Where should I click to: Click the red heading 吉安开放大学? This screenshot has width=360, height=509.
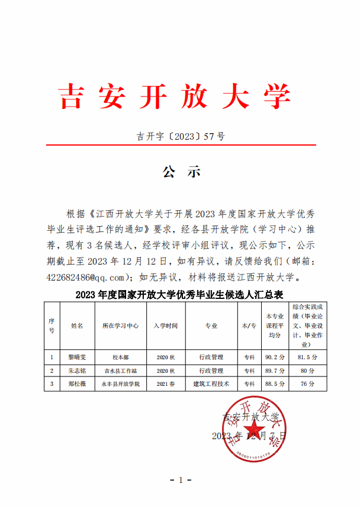(x=175, y=97)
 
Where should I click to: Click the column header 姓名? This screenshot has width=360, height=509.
(x=78, y=326)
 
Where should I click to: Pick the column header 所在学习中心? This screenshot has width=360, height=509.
(x=120, y=326)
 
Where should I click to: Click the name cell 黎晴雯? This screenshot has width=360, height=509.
(x=78, y=357)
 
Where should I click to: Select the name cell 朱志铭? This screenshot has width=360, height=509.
(x=78, y=371)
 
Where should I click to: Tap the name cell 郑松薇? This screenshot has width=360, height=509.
(x=78, y=384)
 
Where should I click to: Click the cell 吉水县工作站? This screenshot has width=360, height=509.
(x=120, y=371)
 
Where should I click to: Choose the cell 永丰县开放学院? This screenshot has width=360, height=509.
(x=120, y=384)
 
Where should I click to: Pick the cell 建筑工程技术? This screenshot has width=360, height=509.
(x=211, y=384)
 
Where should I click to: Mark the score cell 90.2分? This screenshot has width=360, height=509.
(x=275, y=357)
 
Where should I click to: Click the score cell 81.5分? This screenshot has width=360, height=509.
(x=308, y=357)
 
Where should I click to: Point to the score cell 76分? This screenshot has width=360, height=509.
(x=308, y=384)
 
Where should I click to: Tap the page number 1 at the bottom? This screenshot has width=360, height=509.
(x=181, y=479)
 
